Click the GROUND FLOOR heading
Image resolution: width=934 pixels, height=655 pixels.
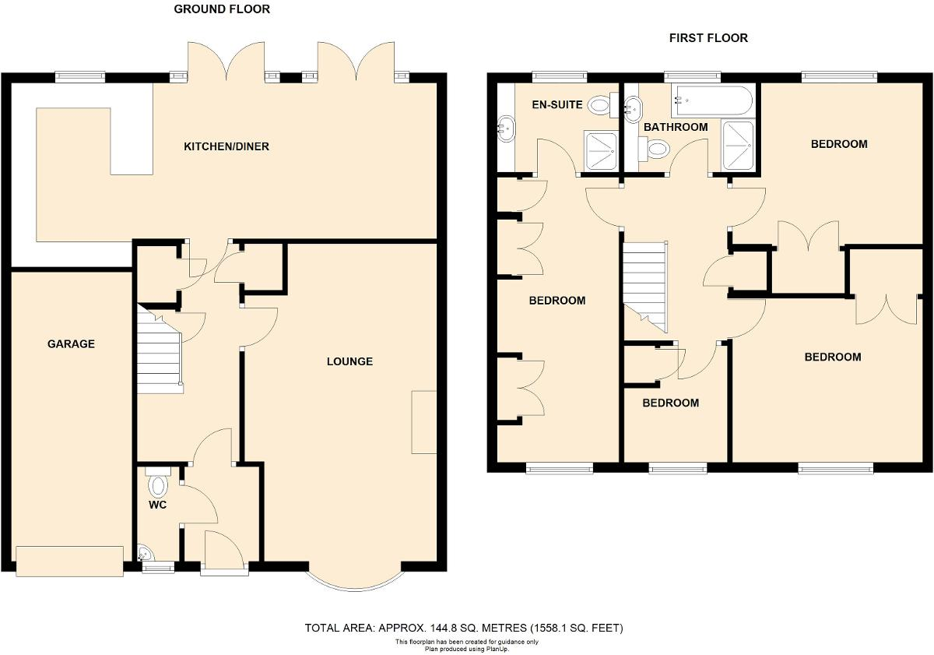click(222, 9)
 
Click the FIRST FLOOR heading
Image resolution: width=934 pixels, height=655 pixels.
click(708, 37)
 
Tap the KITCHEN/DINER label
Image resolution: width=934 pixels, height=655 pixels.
click(226, 146)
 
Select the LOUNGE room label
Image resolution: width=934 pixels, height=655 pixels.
click(349, 361)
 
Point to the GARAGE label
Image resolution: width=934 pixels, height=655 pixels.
click(71, 343)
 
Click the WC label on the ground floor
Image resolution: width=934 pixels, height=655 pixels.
click(159, 505)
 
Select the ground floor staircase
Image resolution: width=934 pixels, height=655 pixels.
click(160, 350)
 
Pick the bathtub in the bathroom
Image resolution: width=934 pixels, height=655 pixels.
click(711, 100)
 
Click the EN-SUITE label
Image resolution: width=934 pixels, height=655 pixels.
click(557, 104)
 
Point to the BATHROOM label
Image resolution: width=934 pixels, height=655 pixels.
click(676, 127)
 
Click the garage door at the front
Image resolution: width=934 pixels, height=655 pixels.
click(69, 561)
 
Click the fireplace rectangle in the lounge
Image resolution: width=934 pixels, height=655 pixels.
click(424, 421)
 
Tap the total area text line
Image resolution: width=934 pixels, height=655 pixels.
click(464, 628)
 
